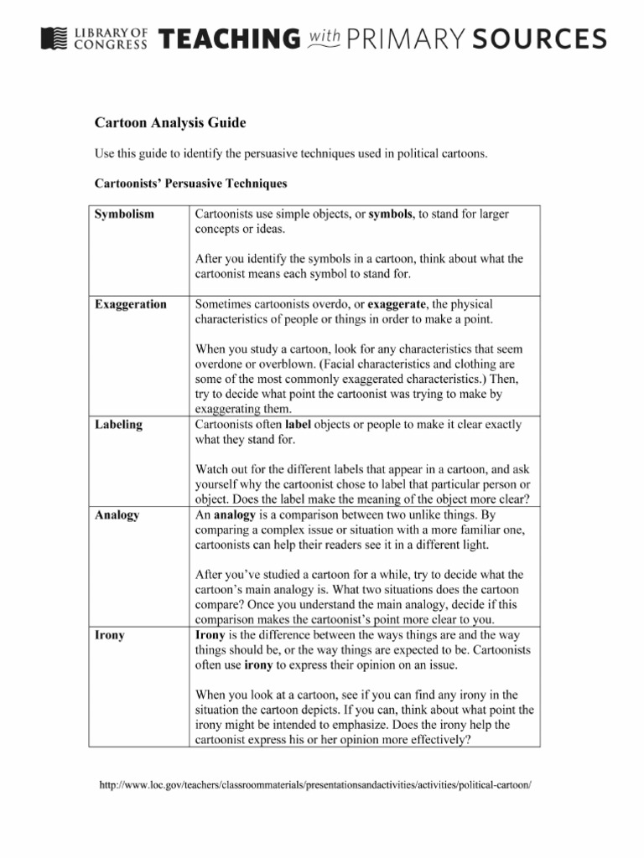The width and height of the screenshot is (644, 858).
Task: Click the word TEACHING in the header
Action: pos(229,39)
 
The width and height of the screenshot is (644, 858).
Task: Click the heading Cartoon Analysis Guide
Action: pos(170,123)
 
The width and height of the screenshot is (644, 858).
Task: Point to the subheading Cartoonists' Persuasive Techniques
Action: pos(190,183)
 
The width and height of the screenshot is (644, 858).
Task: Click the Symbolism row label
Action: pos(124,214)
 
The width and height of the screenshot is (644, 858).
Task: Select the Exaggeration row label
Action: pos(130,304)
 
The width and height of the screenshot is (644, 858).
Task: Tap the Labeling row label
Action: pos(118,425)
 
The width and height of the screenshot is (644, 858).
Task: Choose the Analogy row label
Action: pos(117,515)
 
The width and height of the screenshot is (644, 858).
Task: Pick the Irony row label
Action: pos(110,635)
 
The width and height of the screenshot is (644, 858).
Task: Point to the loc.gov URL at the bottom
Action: pos(316,785)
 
